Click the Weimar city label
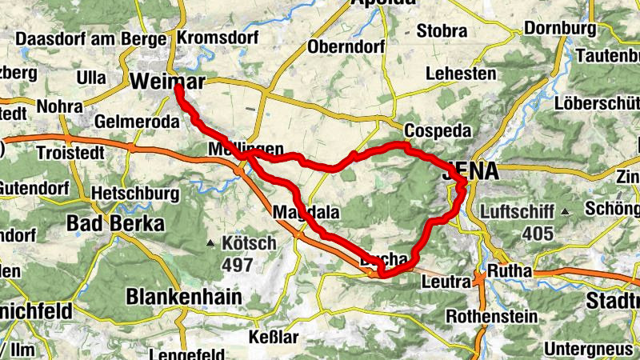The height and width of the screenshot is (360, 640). pos(167,81)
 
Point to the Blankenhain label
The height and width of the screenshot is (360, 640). pos(183,297)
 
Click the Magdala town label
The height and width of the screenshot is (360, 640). pos(306,213)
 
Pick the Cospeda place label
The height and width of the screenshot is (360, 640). pos(434,130)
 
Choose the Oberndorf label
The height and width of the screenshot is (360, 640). pos(346,45)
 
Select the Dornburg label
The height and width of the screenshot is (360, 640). pos(560,28)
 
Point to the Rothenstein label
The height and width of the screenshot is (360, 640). pos(491,316)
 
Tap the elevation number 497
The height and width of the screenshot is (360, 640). pos(238,265)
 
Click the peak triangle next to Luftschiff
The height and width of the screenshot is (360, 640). pos(565,212)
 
